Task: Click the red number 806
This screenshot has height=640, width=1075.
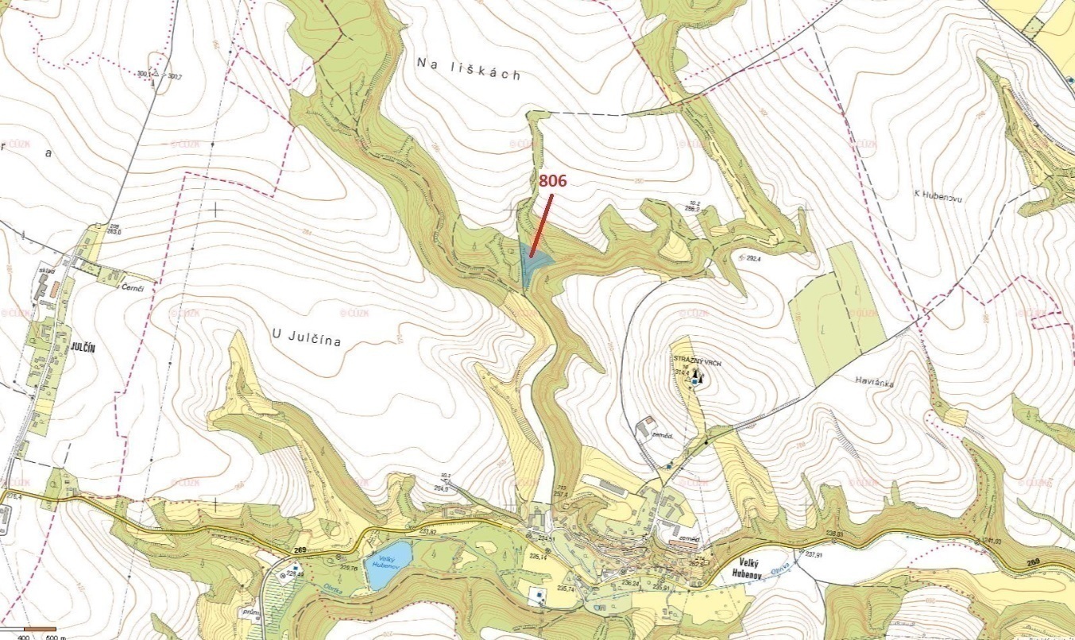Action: click(x=552, y=181)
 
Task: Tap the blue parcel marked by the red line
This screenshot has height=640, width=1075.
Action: click(x=532, y=267)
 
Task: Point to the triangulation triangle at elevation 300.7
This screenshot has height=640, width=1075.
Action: click(x=156, y=74)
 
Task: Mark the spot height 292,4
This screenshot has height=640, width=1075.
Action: click(x=752, y=258)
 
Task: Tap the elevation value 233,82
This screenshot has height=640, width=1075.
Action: click(x=428, y=532)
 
